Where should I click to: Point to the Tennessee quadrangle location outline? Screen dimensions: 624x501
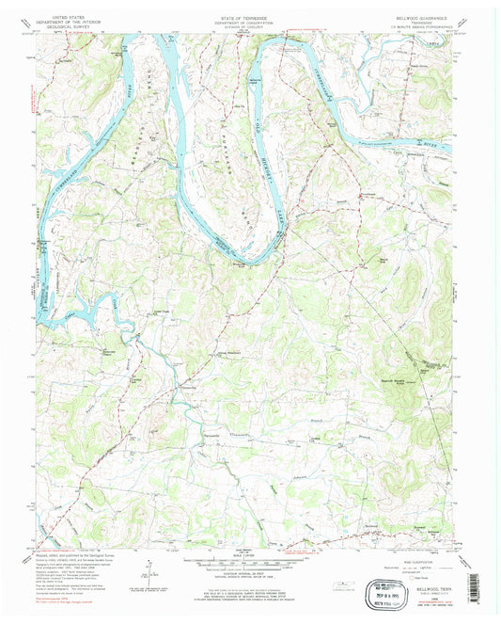[367, 584]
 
